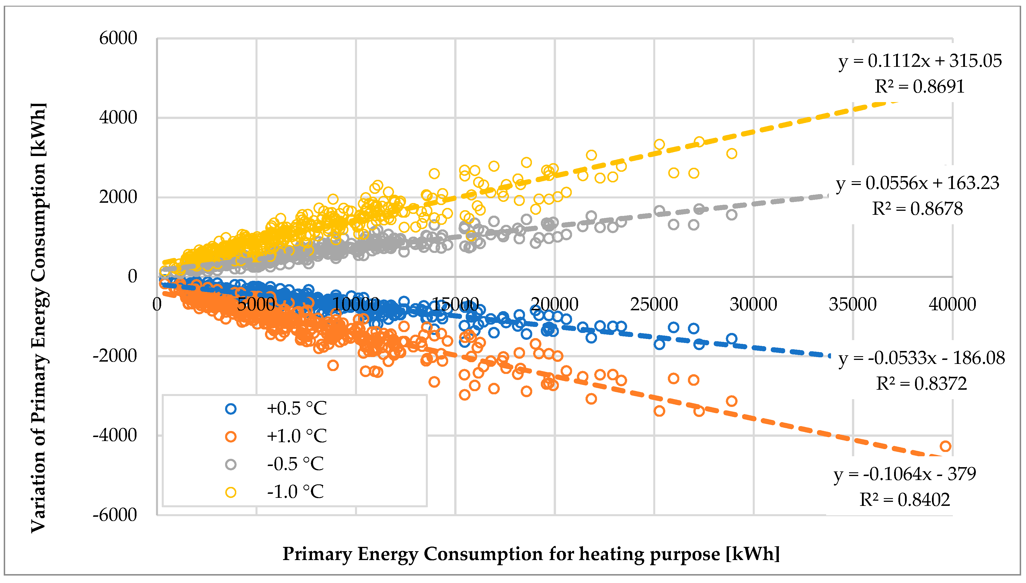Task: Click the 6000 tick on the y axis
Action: [x=118, y=38]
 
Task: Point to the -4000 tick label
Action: [x=115, y=435]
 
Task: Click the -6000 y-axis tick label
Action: [x=115, y=514]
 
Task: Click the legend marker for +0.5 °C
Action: [x=231, y=409]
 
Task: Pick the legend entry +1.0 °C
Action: [x=297, y=436]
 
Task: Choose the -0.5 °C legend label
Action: [x=295, y=464]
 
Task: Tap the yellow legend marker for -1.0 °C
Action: [x=231, y=492]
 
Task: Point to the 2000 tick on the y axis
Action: [x=118, y=197]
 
